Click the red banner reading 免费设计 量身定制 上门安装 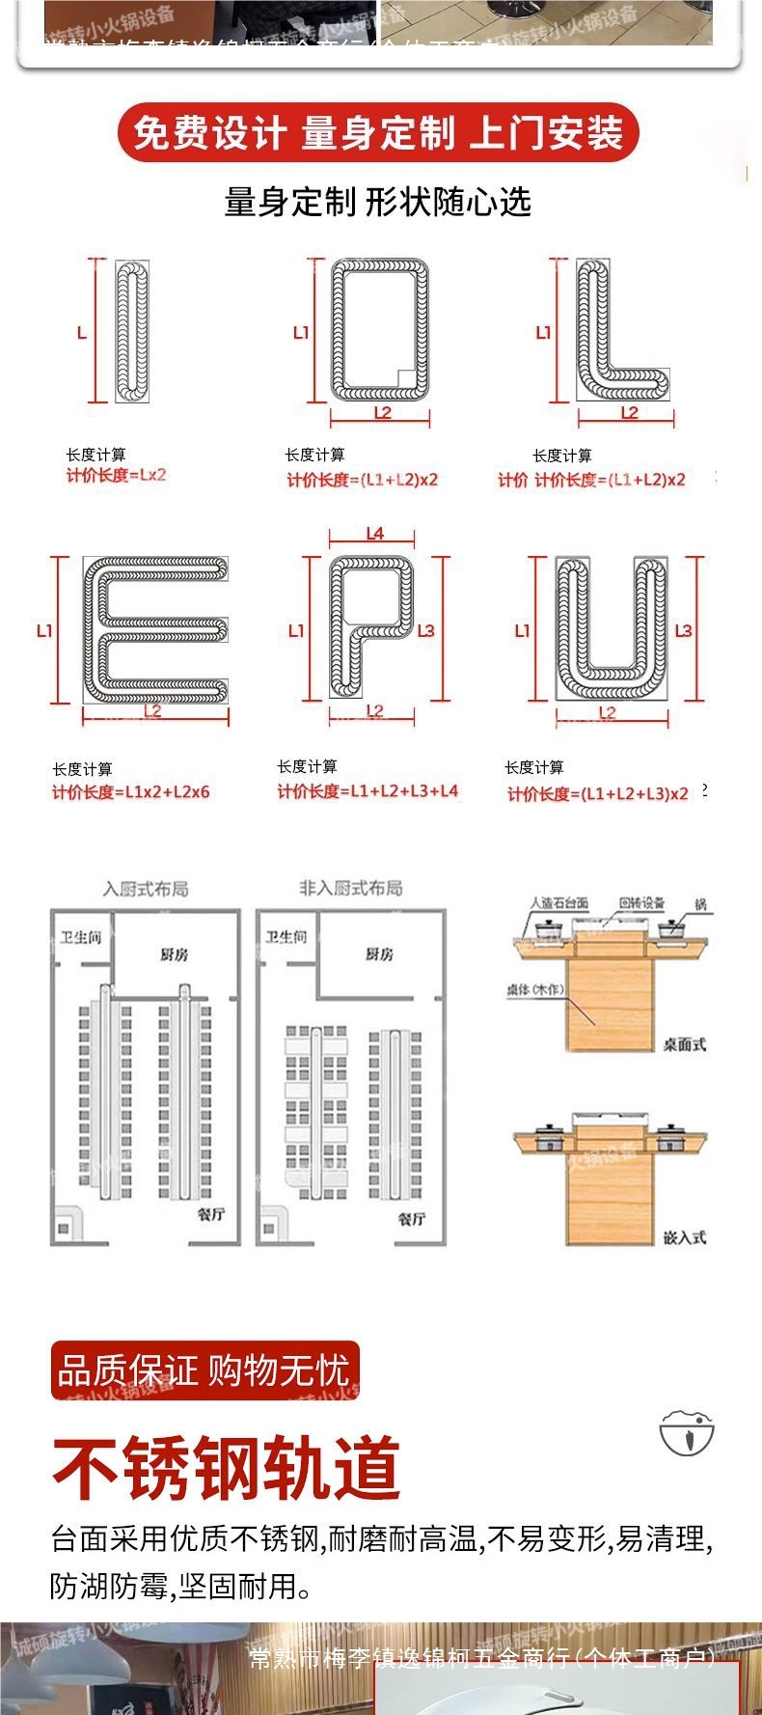click(378, 132)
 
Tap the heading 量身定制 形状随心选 click(377, 203)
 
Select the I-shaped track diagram click(132, 331)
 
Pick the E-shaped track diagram click(155, 630)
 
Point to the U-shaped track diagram click(611, 629)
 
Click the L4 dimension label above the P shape click(374, 534)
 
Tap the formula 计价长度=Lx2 click(116, 475)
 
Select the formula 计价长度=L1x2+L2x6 click(130, 792)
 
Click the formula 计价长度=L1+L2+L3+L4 click(367, 791)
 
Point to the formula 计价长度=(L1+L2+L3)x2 click(598, 793)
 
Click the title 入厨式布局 click(146, 889)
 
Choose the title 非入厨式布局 click(350, 888)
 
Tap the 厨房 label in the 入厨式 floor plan click(175, 954)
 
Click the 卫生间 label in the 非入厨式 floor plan click(286, 937)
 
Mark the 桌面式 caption click(684, 1044)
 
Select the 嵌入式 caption click(684, 1236)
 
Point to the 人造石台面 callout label click(559, 903)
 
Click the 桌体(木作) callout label click(535, 989)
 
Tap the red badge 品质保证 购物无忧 click(204, 1369)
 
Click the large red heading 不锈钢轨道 click(226, 1468)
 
